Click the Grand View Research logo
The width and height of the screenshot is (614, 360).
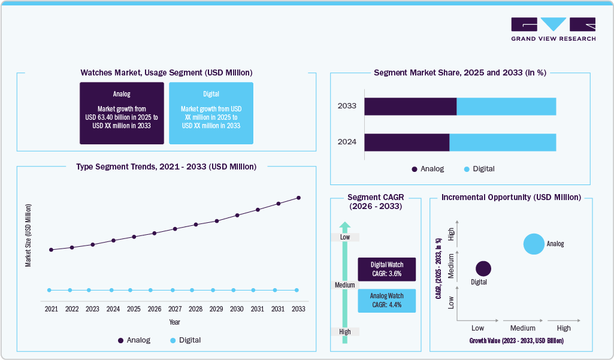[x=553, y=29]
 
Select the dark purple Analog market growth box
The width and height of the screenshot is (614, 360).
[x=122, y=113]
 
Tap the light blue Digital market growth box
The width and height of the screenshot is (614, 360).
[x=211, y=113]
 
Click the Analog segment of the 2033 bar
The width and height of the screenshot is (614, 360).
[x=410, y=106]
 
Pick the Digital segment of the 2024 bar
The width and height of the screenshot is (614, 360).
[x=503, y=142]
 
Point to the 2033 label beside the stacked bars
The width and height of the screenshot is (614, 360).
[x=347, y=106]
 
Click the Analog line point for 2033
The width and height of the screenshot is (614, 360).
[x=298, y=198]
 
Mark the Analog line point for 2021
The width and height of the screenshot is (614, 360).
[x=52, y=250]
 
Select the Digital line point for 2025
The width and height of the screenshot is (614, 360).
[x=134, y=290]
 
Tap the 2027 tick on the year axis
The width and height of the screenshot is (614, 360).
[x=175, y=309]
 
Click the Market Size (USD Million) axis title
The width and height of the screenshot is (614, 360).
[x=28, y=235]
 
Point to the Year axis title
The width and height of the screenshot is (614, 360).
[x=174, y=322]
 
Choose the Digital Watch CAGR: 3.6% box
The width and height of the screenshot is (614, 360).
[x=386, y=270]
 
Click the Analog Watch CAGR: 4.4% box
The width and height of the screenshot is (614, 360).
[x=386, y=301]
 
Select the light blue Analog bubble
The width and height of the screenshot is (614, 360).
[x=534, y=244]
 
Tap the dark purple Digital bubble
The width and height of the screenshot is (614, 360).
[x=483, y=269]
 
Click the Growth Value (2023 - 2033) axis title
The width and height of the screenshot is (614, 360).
[x=516, y=340]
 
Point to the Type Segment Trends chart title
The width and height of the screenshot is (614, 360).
[x=166, y=167]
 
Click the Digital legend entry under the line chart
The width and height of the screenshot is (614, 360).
[x=185, y=340]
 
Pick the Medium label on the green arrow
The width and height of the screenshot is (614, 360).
[x=345, y=285]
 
